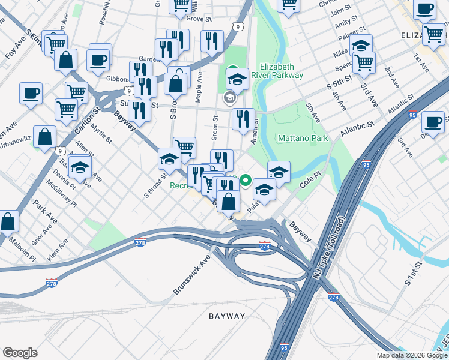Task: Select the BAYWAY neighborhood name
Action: [227, 316]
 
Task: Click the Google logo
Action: [20, 353]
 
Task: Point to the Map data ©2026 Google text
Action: [412, 355]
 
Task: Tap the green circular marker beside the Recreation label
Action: [245, 179]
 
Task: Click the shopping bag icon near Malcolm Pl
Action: [9, 221]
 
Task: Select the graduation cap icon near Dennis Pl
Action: [79, 168]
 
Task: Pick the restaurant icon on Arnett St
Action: [243, 119]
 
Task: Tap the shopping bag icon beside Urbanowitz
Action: [45, 137]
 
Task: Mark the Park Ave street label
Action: [45, 212]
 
